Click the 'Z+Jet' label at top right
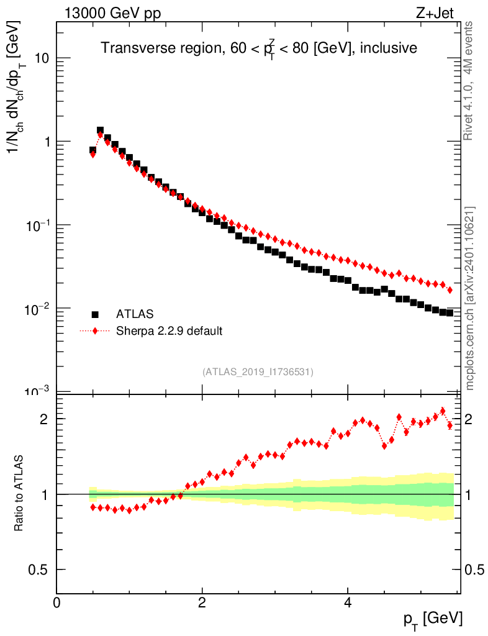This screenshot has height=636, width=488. click(440, 14)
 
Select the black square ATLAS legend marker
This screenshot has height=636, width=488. click(95, 315)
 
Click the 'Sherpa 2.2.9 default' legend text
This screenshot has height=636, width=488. click(169, 331)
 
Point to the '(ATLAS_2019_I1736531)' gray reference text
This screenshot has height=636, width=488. click(258, 372)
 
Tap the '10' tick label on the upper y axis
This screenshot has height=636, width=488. click(42, 58)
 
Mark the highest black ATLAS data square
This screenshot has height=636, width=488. click(100, 130)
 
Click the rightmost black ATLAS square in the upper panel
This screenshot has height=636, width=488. click(450, 312)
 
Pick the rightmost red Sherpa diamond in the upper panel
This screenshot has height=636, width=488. click(450, 290)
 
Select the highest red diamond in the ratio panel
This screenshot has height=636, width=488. click(442, 411)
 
